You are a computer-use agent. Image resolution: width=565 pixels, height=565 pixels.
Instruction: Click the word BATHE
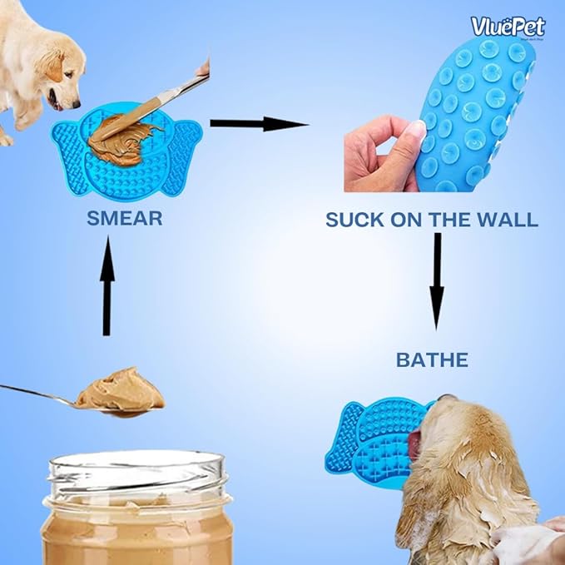tap(431, 360)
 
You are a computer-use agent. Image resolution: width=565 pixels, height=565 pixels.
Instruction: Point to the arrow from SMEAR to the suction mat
tap(259, 125)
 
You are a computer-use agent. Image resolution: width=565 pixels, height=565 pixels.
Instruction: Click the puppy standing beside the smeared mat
tap(33, 62)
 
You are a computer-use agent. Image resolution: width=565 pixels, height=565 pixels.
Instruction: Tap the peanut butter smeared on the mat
tap(125, 136)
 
